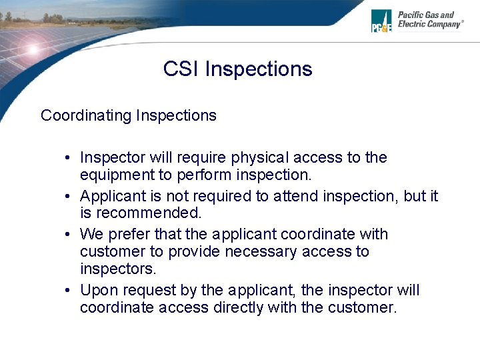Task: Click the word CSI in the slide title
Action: [181, 69]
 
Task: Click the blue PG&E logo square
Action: [381, 21]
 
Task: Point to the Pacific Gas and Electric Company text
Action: [429, 19]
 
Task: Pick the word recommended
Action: [149, 213]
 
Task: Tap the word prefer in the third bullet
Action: [127, 235]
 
